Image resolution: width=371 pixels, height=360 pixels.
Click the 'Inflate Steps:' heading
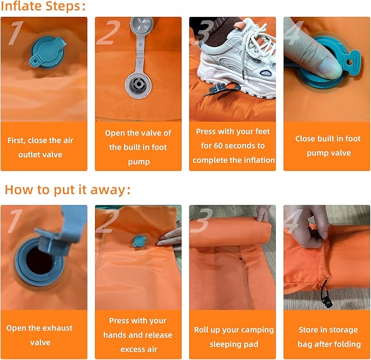(x=43, y=6)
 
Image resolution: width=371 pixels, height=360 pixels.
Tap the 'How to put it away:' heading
(x=68, y=190)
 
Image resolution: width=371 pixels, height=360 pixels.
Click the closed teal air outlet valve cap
(x=48, y=52)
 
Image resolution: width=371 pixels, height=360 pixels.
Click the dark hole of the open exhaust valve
(x=39, y=261)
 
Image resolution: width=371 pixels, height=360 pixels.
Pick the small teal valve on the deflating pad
(x=139, y=241)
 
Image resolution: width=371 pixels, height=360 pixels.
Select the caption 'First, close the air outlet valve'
(x=40, y=147)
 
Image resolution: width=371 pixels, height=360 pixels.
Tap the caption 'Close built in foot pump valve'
(x=328, y=146)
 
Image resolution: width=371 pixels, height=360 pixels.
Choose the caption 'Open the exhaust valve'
(x=39, y=335)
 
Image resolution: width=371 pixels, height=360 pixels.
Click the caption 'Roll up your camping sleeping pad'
(x=234, y=337)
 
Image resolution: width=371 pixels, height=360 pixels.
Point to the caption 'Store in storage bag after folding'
(x=329, y=337)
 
